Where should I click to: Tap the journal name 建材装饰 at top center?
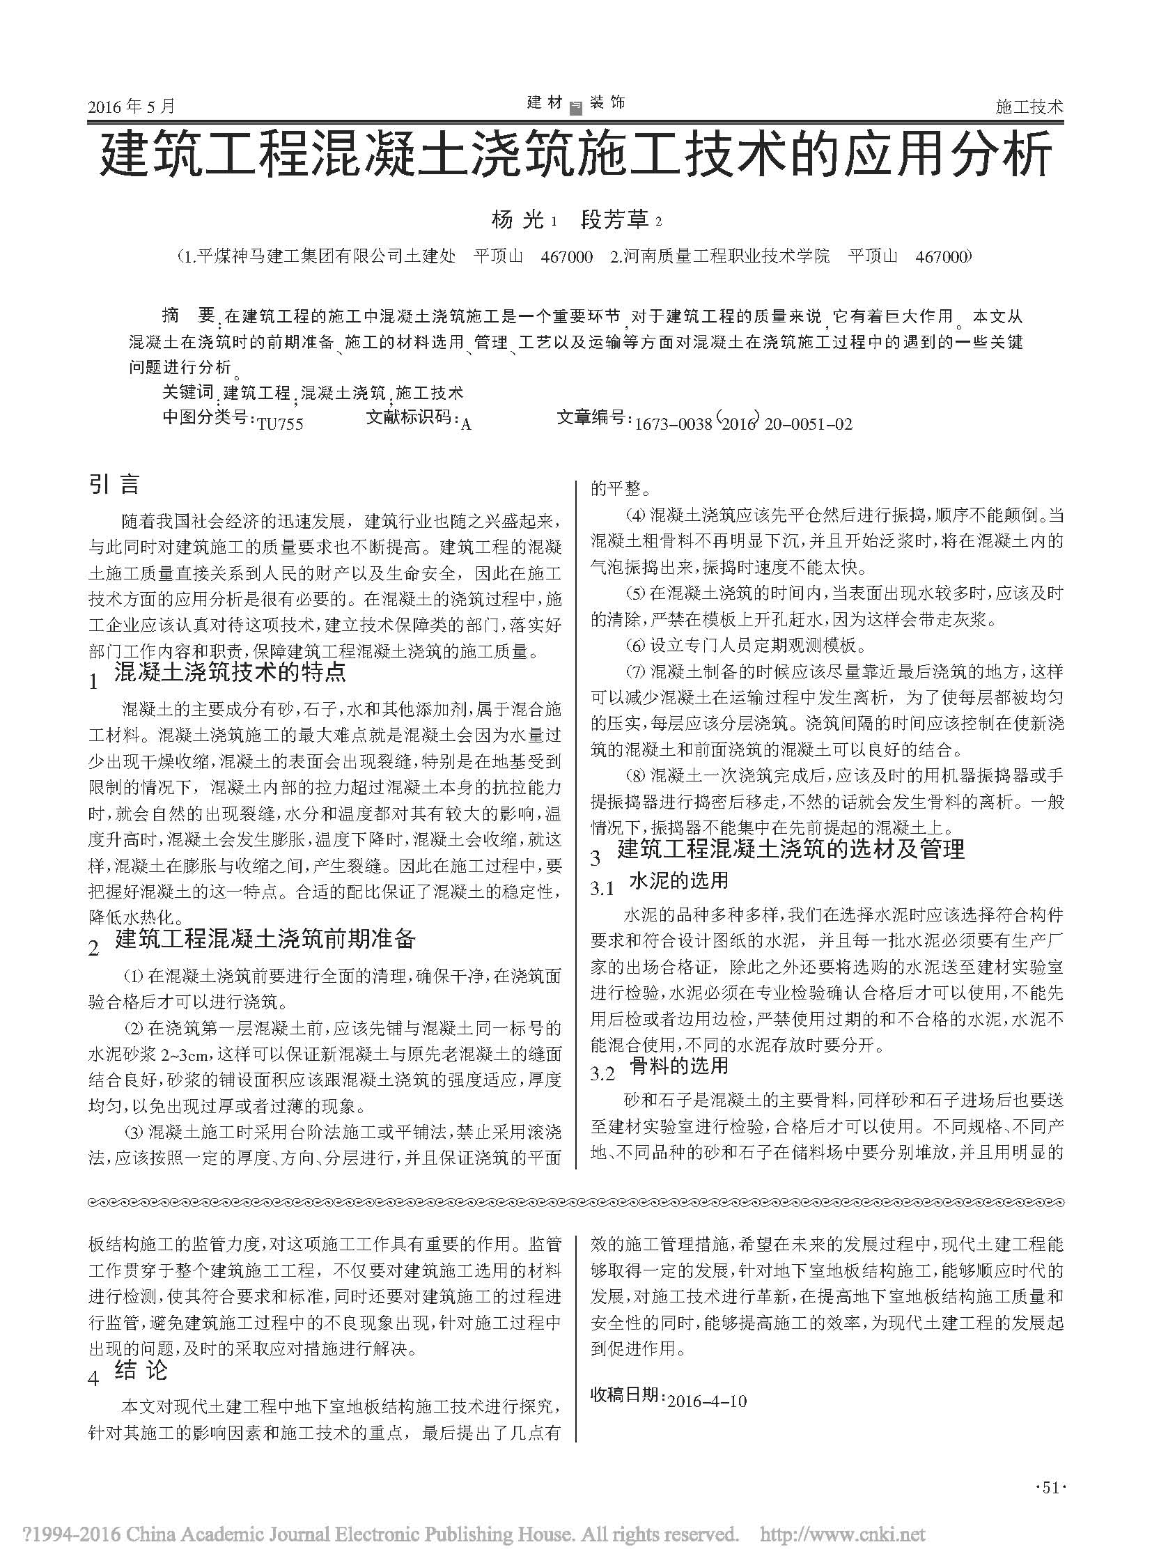(x=576, y=103)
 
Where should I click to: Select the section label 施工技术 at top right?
(x=1029, y=107)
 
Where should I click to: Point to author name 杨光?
(x=517, y=221)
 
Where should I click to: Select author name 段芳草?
(x=614, y=221)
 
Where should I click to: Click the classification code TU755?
(x=279, y=423)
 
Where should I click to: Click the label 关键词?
(x=187, y=393)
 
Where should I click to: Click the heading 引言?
(x=114, y=484)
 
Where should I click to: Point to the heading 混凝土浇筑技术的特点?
(x=229, y=672)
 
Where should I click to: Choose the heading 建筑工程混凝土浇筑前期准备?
(x=265, y=940)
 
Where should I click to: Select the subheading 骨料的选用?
(x=678, y=1066)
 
